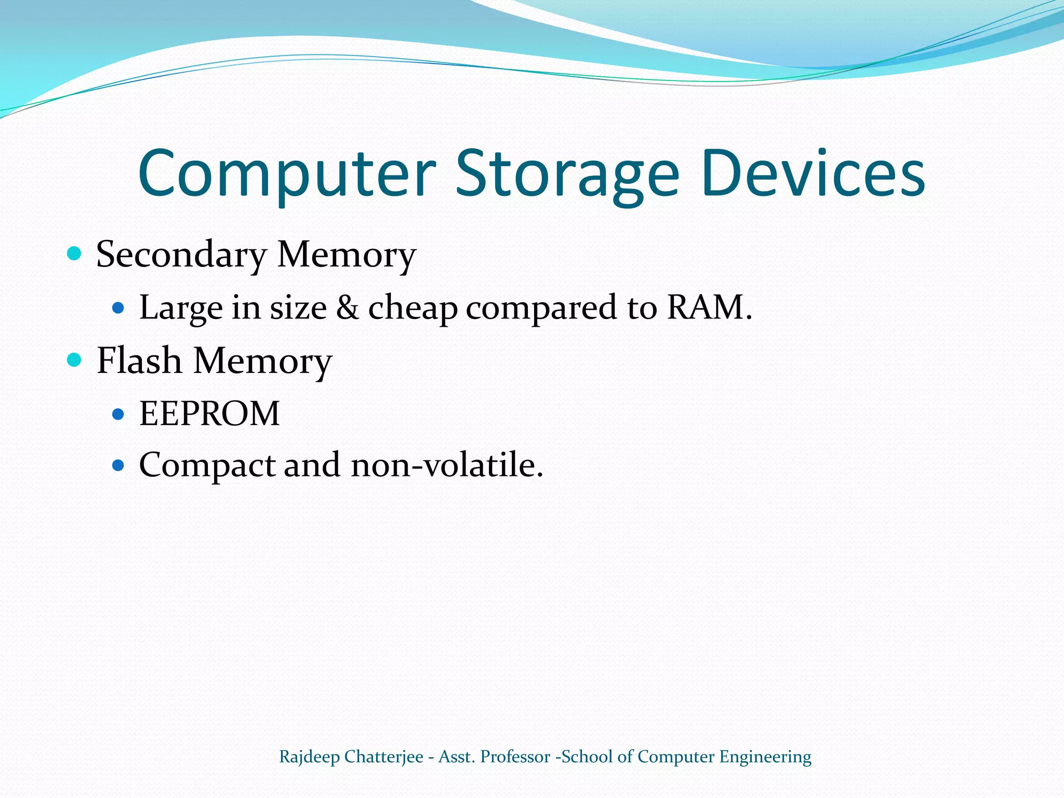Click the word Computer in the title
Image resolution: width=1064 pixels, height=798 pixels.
tap(287, 174)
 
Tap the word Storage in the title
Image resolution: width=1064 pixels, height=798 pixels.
tap(567, 174)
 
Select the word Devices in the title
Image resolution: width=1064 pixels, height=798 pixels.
tap(813, 174)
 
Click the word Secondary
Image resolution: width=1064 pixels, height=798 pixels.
tap(181, 255)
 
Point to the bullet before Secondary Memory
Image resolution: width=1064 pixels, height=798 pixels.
tap(75, 254)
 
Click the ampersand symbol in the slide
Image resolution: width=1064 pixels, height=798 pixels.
tap(347, 307)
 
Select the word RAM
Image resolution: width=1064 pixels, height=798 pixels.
tap(705, 307)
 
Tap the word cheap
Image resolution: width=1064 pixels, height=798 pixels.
tap(413, 308)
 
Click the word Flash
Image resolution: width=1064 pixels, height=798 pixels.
tap(139, 361)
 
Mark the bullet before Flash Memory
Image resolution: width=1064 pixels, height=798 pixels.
tap(75, 360)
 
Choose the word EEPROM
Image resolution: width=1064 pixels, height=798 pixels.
tap(209, 414)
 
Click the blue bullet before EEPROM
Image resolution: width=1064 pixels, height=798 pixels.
tap(118, 414)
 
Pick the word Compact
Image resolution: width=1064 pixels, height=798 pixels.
tap(207, 465)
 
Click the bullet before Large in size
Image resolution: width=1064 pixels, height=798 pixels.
tap(118, 308)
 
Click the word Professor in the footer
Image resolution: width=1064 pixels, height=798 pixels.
tap(515, 757)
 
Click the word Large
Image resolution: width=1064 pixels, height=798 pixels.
tap(181, 308)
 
